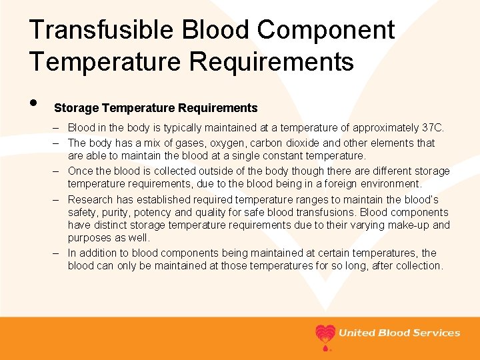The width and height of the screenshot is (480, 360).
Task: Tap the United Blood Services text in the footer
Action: [x=399, y=333]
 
